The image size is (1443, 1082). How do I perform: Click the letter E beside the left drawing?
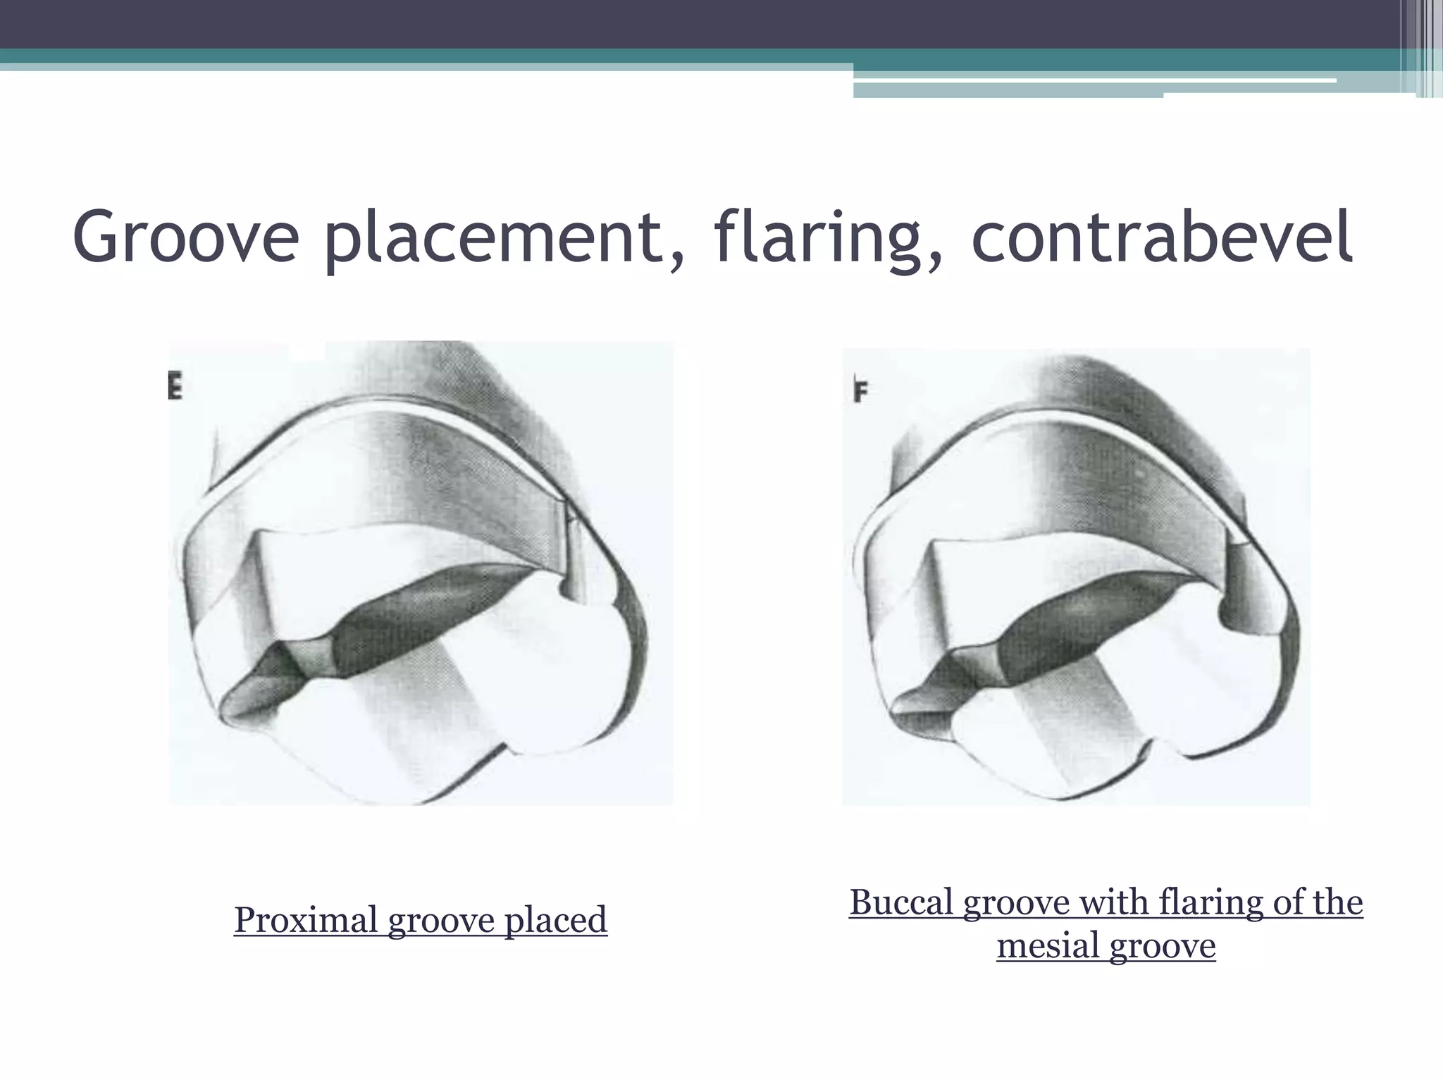pyautogui.click(x=175, y=387)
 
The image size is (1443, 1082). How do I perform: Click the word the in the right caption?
pyautogui.click(x=1336, y=902)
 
